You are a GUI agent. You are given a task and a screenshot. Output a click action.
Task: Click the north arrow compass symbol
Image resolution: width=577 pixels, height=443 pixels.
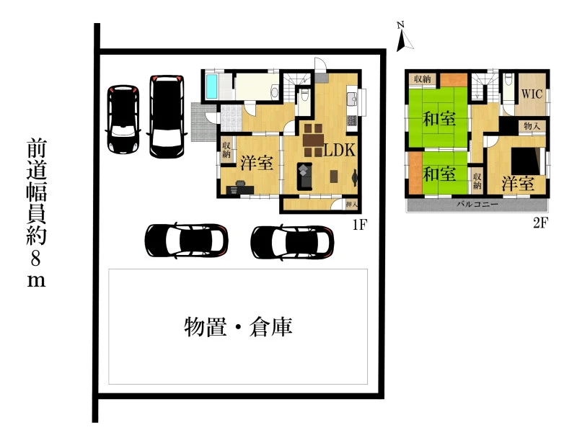pyautogui.click(x=405, y=37)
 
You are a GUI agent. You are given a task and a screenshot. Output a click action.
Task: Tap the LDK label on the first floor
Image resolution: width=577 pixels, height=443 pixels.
pyautogui.click(x=339, y=150)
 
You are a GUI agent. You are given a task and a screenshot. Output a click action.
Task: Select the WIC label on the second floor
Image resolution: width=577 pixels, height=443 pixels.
pyautogui.click(x=532, y=94)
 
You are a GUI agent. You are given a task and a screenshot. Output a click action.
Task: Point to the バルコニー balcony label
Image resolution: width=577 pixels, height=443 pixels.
pyautogui.click(x=477, y=204)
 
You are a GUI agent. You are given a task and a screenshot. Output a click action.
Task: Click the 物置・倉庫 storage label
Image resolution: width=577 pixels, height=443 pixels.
pyautogui.click(x=238, y=326)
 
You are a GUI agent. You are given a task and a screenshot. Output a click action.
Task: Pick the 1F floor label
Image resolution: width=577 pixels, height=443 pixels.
pyautogui.click(x=359, y=224)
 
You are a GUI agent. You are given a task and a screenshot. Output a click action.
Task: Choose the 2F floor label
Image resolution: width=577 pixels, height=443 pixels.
pyautogui.click(x=540, y=223)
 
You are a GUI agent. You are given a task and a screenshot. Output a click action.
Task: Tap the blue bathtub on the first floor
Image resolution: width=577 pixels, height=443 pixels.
pyautogui.click(x=211, y=86)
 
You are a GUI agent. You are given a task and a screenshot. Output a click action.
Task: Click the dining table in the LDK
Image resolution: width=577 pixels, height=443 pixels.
pyautogui.click(x=313, y=140)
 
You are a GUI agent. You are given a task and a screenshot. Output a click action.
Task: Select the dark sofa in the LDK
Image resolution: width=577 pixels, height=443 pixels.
pyautogui.click(x=304, y=176)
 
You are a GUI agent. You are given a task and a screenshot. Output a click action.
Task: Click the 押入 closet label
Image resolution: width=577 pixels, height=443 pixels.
pyautogui.click(x=352, y=204)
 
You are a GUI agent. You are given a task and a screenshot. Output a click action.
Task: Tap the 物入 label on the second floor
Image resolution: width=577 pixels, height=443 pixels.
pyautogui.click(x=532, y=126)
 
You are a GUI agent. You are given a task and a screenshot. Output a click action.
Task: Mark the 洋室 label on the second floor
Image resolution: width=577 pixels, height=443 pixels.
pyautogui.click(x=518, y=184)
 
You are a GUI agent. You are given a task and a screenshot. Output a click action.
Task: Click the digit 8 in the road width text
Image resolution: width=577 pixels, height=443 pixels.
pyautogui.click(x=35, y=259)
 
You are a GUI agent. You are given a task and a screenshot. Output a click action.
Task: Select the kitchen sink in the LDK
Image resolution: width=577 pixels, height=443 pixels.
pyautogui.click(x=352, y=99)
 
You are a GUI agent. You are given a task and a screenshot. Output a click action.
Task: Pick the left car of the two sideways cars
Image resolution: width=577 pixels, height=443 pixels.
pyautogui.click(x=186, y=241)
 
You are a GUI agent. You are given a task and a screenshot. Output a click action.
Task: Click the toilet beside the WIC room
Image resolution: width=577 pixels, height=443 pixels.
pyautogui.click(x=508, y=79)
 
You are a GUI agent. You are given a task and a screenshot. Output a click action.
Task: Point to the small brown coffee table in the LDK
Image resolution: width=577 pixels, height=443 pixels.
pyautogui.click(x=334, y=176)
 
